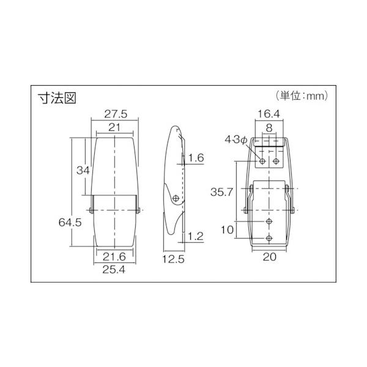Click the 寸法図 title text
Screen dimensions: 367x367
pos(57,98)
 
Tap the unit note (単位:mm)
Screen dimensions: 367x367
pos(302,96)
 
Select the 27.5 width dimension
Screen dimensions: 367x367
pos(116,114)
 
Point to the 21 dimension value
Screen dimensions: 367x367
pos(114,128)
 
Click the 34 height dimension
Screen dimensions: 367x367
pos(83,170)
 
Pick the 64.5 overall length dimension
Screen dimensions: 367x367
pos(70,223)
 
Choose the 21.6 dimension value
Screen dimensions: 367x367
pos(114,257)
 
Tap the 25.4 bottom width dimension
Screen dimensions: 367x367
pos(114,270)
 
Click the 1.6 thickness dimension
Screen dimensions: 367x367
pos(196,158)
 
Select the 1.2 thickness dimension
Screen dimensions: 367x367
pos(196,236)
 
